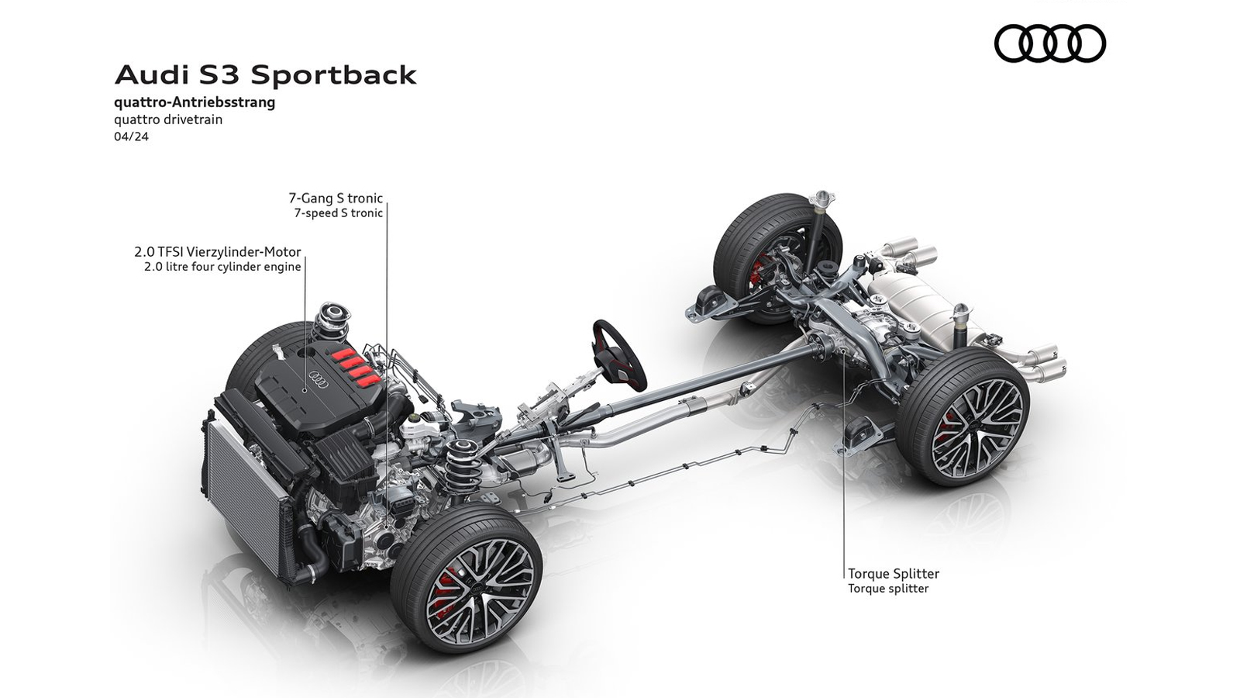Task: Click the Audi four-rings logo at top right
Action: [1049, 43]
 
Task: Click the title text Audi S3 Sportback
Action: [265, 75]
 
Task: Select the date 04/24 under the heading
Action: [131, 136]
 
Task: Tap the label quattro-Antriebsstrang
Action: [194, 102]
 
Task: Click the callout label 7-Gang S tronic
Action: [336, 199]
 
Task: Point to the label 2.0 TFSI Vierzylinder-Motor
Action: [217, 252]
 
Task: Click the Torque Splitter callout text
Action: [893, 574]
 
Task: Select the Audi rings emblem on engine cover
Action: [316, 378]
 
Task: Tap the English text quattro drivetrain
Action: [167, 119]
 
